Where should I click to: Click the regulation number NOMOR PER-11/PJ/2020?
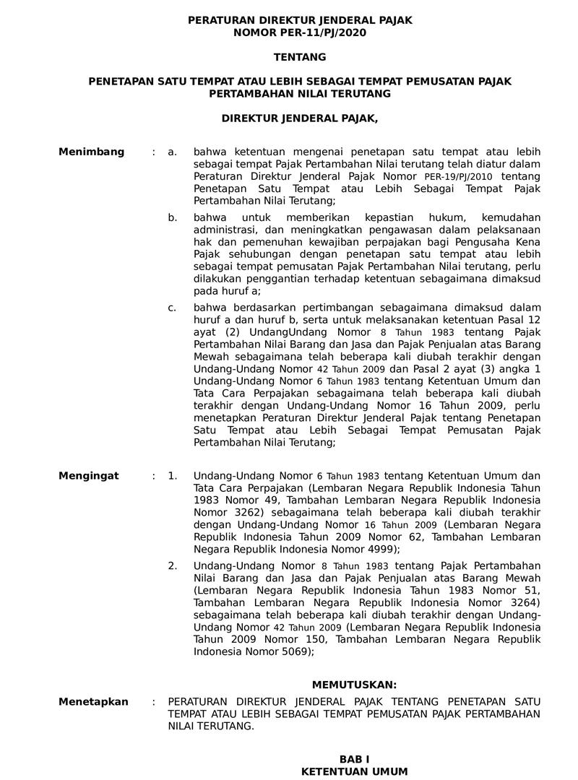[x=300, y=32]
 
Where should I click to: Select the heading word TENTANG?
[x=300, y=57]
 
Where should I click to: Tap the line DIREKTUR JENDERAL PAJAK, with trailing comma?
[x=300, y=118]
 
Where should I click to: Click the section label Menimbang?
[x=91, y=152]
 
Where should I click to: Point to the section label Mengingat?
[x=89, y=476]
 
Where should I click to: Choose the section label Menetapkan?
[x=93, y=702]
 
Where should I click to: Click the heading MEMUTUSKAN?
[x=354, y=684]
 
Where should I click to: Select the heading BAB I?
[x=354, y=759]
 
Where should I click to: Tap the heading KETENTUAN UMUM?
[x=354, y=772]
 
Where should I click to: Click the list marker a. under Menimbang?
[x=172, y=152]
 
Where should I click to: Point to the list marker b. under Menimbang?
[x=172, y=217]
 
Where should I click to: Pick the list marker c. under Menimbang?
[x=172, y=308]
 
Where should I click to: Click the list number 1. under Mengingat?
[x=172, y=476]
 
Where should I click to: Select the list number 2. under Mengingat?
[x=172, y=566]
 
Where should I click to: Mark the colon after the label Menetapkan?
[x=153, y=702]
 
